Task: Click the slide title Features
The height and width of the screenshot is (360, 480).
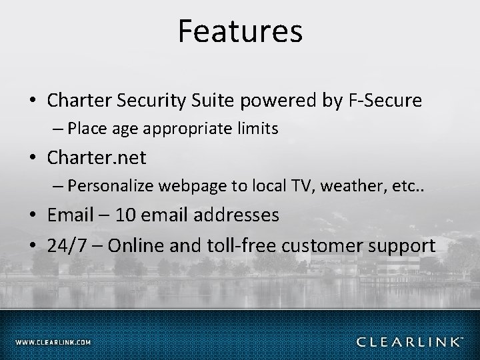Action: click(240, 31)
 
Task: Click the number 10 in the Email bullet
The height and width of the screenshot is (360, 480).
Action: click(125, 215)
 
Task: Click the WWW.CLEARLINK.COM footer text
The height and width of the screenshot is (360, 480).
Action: click(53, 342)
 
